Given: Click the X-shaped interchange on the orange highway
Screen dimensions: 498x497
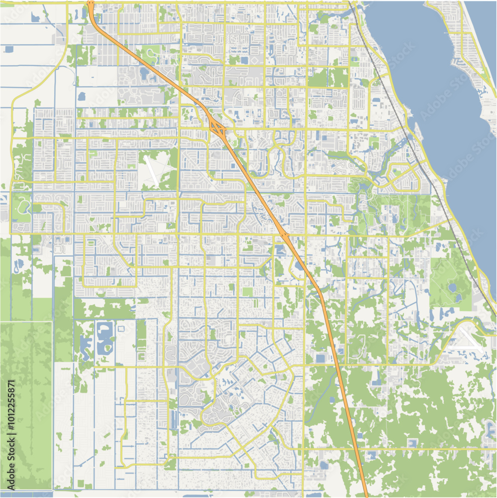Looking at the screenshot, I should [217, 128].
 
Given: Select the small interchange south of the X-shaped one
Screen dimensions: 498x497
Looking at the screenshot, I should [285, 234].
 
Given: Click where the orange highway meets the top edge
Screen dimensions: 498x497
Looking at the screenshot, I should [91, 3].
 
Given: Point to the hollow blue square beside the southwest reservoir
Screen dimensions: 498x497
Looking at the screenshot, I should [121, 328].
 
